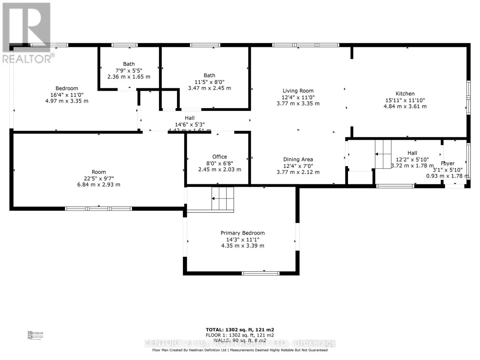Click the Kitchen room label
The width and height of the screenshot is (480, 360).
coord(405,94)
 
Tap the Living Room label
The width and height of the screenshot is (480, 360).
coord(298,91)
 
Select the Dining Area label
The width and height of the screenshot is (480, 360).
coord(298,159)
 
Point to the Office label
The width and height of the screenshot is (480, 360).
coord(220,157)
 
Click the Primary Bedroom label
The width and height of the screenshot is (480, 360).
coord(242,233)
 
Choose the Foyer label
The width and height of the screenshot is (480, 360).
coord(448,163)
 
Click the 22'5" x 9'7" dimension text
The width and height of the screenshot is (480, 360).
coord(99,178)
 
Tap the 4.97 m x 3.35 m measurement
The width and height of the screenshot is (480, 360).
coord(67,101)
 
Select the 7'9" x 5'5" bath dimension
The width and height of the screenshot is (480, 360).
coord(129,70)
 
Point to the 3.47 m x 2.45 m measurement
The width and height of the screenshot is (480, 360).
coord(209,88)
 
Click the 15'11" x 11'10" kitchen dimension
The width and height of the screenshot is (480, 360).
coord(405,100)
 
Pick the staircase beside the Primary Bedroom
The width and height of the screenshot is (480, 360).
coord(223,199)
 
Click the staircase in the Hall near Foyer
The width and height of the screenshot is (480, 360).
coord(383,154)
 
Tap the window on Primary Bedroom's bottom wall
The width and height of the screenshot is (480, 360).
coord(260,273)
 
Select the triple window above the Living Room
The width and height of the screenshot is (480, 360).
coord(305,45)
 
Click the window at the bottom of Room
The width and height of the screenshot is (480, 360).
coord(98,208)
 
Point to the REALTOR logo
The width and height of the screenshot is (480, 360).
coord(27,33)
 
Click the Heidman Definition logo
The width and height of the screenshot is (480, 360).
coord(35,335)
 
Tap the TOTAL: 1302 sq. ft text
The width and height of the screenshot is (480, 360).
coord(240,330)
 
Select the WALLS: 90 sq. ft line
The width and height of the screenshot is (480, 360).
coord(240,340)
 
